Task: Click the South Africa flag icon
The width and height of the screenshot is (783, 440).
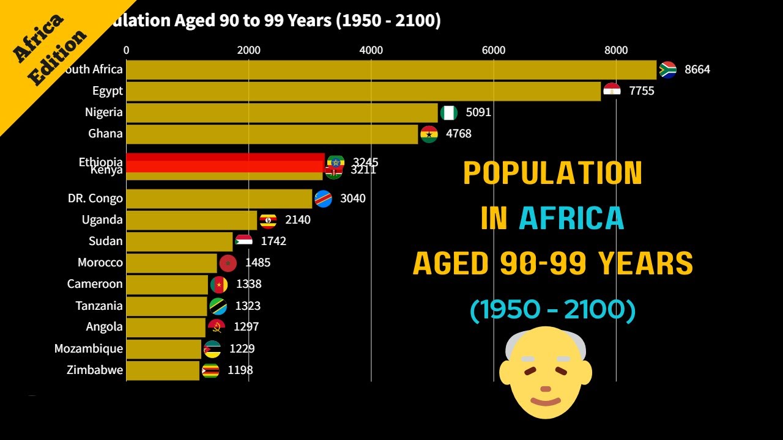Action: pyautogui.click(x=667, y=70)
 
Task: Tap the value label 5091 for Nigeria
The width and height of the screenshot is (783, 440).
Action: pyautogui.click(x=478, y=112)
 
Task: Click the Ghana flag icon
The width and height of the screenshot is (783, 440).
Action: pyautogui.click(x=429, y=134)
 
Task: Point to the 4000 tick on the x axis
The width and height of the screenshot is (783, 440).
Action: pyautogui.click(x=371, y=50)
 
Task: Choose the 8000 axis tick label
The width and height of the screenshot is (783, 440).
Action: pyautogui.click(x=616, y=50)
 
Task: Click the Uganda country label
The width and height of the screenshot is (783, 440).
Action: pyautogui.click(x=102, y=220)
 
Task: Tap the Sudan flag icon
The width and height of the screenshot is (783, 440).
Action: pyautogui.click(x=243, y=241)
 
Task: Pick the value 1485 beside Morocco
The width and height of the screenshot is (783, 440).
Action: pyautogui.click(x=258, y=263)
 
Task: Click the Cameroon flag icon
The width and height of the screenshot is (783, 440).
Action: pyautogui.click(x=218, y=284)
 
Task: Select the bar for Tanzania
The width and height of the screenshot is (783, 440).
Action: pyautogui.click(x=166, y=306)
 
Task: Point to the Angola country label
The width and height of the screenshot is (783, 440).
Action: pyautogui.click(x=104, y=327)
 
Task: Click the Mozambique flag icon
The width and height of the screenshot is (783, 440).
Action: pyautogui.click(x=212, y=349)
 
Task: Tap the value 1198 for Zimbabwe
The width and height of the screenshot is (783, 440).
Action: pyautogui.click(x=240, y=370)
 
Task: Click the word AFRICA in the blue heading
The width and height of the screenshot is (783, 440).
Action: pyautogui.click(x=571, y=218)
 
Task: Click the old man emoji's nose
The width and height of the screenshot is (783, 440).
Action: pyautogui.click(x=546, y=388)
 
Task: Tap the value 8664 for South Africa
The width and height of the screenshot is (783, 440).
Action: pyautogui.click(x=697, y=70)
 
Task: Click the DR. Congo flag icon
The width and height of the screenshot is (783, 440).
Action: pyautogui.click(x=323, y=199)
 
